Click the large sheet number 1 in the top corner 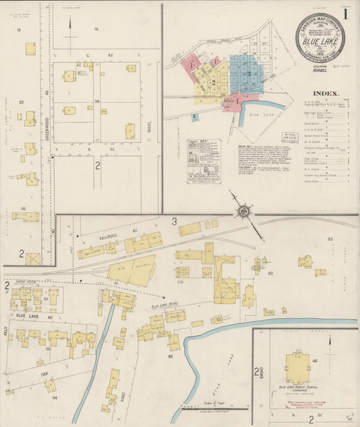(x=345, y=13)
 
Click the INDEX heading (x=326, y=93)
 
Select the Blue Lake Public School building (x=297, y=368)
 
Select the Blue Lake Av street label (x=30, y=316)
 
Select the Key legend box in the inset (x=203, y=161)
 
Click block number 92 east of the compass (x=269, y=274)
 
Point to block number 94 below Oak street (x=55, y=397)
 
